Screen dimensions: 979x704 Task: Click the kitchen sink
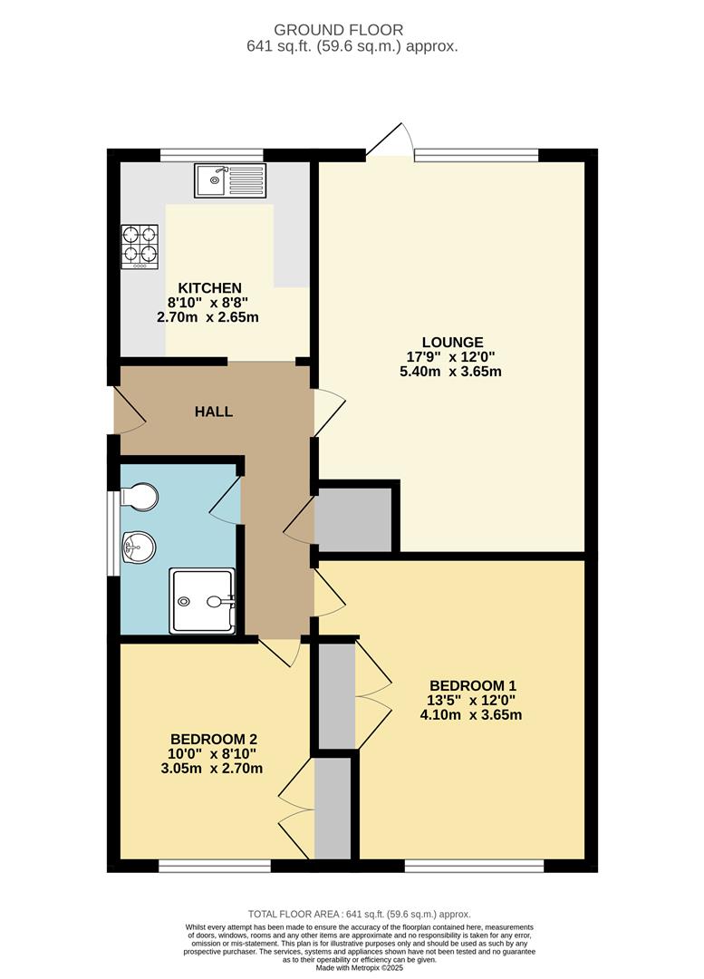[x=230, y=180]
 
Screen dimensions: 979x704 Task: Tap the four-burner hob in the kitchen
[x=139, y=246]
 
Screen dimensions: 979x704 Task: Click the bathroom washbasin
[x=139, y=546]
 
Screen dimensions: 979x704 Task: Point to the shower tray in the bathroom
[x=202, y=600]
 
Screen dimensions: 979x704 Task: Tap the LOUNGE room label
[x=458, y=342]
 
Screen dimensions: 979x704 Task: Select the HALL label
[x=214, y=412]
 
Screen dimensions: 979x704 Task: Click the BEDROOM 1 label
[x=472, y=684]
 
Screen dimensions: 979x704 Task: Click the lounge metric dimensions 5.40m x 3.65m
[x=458, y=371]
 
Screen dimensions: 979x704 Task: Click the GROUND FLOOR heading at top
[x=352, y=31]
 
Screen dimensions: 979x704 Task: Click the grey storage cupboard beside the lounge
[x=352, y=519]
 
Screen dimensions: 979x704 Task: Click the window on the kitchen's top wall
[x=211, y=154]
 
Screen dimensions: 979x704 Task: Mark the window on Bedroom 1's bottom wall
[x=474, y=867]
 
